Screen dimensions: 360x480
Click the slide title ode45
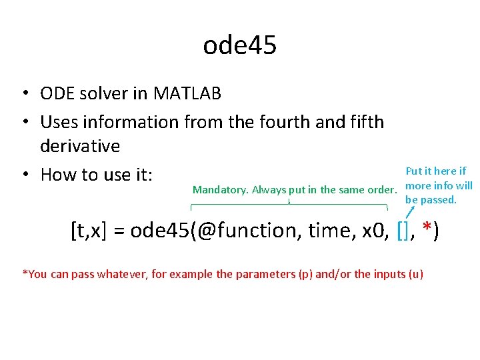coord(239,45)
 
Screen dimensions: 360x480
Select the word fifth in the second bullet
coord(361,122)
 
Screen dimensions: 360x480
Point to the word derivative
coord(80,146)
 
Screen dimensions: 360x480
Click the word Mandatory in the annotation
coord(220,190)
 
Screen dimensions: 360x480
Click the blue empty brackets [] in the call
coord(402,231)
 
